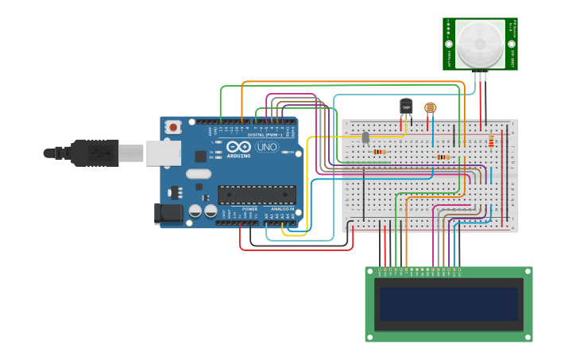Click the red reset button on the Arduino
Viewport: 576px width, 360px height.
point(173,126)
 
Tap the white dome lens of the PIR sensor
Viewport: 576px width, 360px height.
point(481,44)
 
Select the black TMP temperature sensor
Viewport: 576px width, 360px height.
point(406,106)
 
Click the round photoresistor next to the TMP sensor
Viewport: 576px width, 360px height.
point(430,107)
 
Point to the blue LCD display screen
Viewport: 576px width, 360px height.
point(449,304)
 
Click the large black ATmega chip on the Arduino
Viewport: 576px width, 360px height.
point(257,195)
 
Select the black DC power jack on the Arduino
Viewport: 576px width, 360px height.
point(169,212)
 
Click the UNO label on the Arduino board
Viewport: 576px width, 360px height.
point(265,147)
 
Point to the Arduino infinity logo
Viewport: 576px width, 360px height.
point(238,147)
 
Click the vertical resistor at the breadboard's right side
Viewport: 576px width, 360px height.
point(491,141)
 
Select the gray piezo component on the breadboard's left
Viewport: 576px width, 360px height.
point(365,138)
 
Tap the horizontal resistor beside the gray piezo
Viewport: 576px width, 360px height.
point(380,152)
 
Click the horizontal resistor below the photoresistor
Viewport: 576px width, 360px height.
point(443,157)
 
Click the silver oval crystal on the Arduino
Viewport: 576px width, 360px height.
point(199,173)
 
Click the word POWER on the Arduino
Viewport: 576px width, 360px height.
point(249,209)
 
